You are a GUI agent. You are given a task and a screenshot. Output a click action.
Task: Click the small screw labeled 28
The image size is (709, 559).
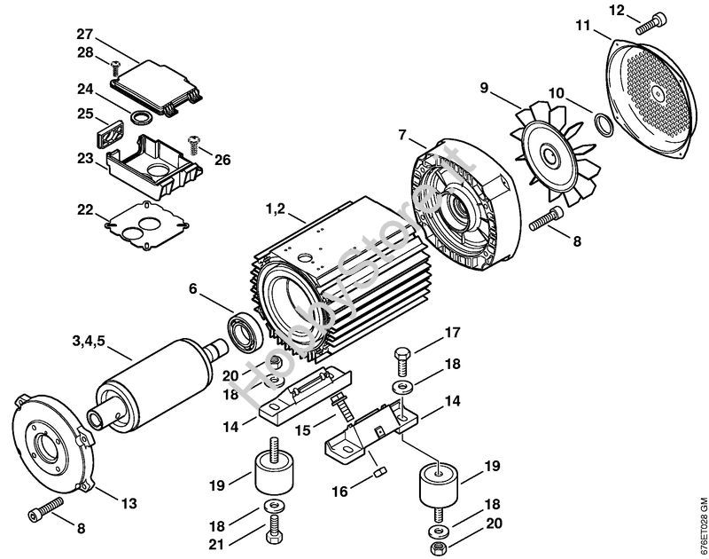114,65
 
